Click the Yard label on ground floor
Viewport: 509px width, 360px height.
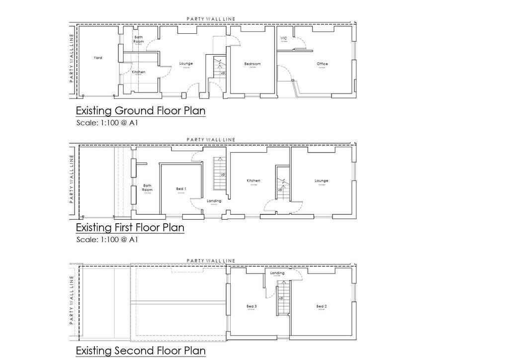click(x=98, y=58)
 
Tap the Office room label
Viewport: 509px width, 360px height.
click(x=322, y=64)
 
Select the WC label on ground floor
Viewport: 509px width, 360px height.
click(x=284, y=38)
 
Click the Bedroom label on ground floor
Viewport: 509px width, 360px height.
click(x=252, y=64)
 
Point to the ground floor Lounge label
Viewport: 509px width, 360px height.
click(x=186, y=64)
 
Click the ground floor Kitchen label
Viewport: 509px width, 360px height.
click(x=139, y=72)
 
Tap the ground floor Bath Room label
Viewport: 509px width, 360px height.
click(x=139, y=39)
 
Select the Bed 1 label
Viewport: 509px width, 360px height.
click(x=181, y=189)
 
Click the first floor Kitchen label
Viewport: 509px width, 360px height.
click(x=254, y=181)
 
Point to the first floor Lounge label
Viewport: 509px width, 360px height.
click(x=321, y=181)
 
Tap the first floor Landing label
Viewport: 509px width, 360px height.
click(x=214, y=201)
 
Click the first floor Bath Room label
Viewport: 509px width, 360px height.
click(x=147, y=187)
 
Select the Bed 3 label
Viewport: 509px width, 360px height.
click(x=252, y=306)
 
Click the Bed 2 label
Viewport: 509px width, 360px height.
click(x=321, y=306)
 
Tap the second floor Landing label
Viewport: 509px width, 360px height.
click(x=277, y=273)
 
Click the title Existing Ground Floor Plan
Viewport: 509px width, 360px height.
click(x=140, y=110)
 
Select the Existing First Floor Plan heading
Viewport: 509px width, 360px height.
click(x=130, y=228)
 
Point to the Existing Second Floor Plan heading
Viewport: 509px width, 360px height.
click(x=140, y=351)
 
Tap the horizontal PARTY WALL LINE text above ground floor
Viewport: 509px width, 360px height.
click(x=211, y=19)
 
